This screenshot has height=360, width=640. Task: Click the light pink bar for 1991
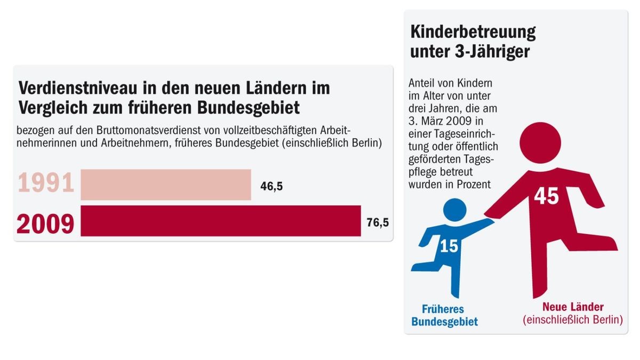pos(165,185)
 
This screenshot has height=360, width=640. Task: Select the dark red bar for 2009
pos(220,220)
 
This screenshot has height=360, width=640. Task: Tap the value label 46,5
pos(271,187)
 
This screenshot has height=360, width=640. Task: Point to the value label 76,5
pos(377,222)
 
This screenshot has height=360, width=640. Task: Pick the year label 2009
pos(46,223)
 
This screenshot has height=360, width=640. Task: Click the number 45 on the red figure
pos(546,196)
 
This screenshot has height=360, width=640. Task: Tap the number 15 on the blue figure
pos(449,246)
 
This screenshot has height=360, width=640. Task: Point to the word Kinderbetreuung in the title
pos(473,33)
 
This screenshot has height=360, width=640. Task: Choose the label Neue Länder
pos(573,307)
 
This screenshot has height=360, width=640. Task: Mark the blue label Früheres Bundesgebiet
pos(444,315)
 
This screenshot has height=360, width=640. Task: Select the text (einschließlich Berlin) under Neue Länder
pos(573,320)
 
